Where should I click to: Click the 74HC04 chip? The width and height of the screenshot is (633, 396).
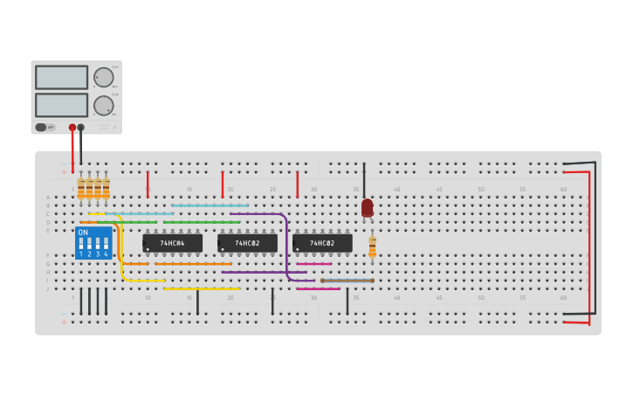click(x=172, y=243)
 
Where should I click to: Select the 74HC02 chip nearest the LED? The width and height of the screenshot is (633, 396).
click(x=322, y=243)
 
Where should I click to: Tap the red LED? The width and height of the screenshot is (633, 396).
click(x=367, y=207)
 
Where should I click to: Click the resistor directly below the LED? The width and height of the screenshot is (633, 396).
click(x=372, y=247)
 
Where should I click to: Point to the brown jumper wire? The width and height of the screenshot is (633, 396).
click(x=347, y=281)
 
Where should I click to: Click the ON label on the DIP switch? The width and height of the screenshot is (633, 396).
click(x=83, y=233)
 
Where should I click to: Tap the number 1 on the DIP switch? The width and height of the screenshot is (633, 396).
click(x=81, y=254)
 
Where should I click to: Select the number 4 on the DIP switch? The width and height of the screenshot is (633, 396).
click(x=106, y=254)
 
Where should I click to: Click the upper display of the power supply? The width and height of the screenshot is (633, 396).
click(x=61, y=77)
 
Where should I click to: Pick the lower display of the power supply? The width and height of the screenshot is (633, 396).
click(x=61, y=105)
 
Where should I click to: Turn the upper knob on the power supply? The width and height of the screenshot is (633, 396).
click(x=104, y=77)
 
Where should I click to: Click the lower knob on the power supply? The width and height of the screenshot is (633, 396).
click(x=104, y=106)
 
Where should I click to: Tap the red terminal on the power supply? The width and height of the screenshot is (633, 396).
click(x=72, y=128)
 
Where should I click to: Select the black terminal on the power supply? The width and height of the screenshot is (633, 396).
click(x=81, y=128)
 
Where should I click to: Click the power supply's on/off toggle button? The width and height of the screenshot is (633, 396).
click(x=41, y=128)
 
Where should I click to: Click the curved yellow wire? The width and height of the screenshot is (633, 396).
click(x=120, y=249)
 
